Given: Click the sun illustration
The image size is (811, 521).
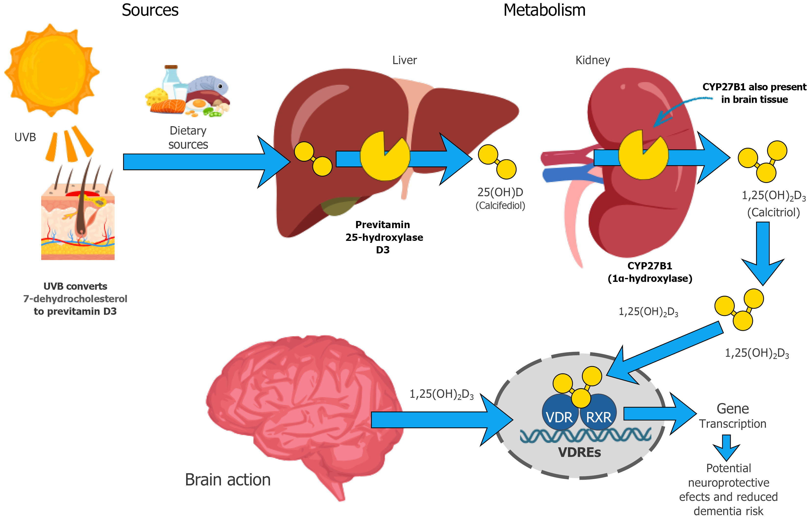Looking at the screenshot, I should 52,70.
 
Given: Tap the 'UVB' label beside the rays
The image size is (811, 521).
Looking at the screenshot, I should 25,137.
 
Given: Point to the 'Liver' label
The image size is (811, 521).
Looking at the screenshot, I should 404,60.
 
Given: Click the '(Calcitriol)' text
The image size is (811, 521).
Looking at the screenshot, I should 773,212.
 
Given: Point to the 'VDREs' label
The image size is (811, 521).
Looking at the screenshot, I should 579,452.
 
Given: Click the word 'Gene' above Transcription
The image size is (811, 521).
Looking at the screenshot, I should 733,409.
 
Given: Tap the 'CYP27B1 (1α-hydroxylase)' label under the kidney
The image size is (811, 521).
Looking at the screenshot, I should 649,272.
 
